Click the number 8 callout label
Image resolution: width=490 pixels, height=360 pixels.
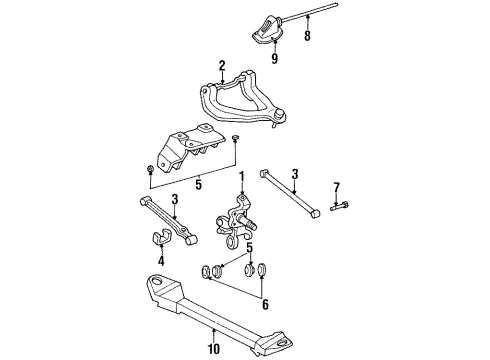pos(308,37)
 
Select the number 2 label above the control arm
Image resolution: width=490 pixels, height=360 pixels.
pos(222,66)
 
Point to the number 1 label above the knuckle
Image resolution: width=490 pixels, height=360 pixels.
pos(241,177)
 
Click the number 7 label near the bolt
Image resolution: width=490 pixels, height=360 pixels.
pos(337,187)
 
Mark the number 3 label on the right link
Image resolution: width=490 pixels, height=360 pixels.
pos(294,175)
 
